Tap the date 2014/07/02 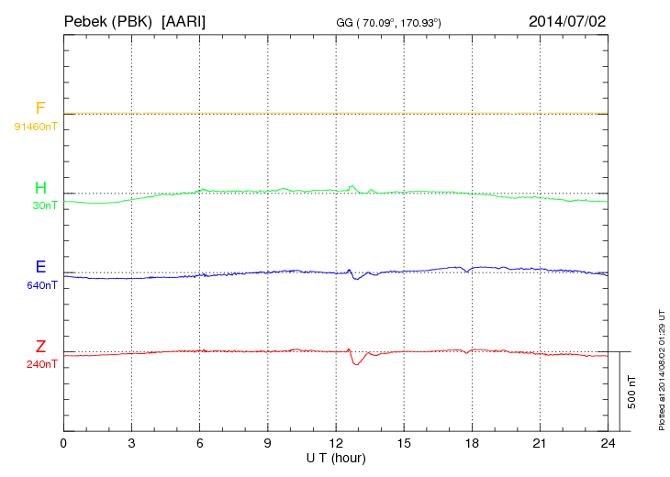coord(566,19)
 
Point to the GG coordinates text coord(389,21)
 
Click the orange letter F coord(40,108)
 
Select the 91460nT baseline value coord(36,126)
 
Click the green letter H coord(40,188)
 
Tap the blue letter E coord(40,267)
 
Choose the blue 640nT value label coord(42,285)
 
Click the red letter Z coord(40,347)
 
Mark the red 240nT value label coord(42,364)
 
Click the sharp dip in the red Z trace coord(356,364)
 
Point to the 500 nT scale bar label coord(632,392)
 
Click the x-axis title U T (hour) coord(336,457)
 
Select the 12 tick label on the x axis coord(336,443)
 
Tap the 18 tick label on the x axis coord(472,443)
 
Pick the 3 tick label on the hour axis coord(131,443)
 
